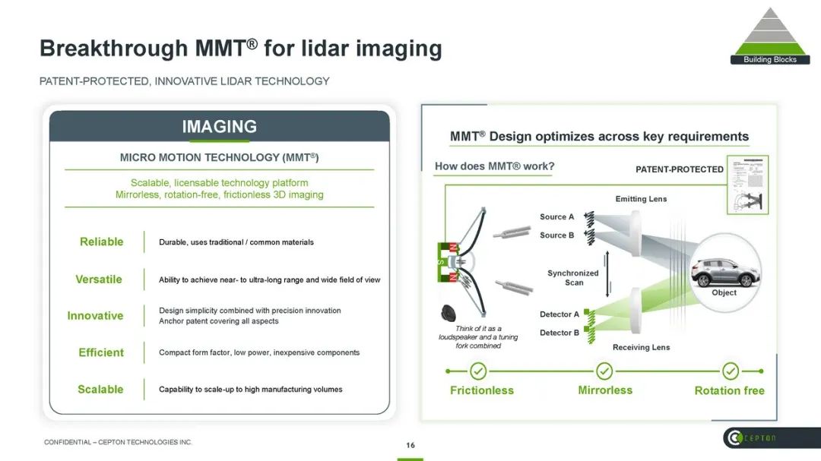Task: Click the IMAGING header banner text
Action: pos(219,127)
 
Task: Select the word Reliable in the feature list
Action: pos(101,242)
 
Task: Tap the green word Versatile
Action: pos(99,279)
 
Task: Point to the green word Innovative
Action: pos(95,315)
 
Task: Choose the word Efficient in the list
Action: pos(101,352)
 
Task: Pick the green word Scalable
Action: pos(100,389)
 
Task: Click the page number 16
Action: pos(410,446)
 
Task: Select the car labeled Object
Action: pos(723,271)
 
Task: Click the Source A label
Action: pos(557,216)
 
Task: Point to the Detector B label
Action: pos(559,333)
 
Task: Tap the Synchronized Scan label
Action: pos(573,278)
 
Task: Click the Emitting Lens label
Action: pos(641,199)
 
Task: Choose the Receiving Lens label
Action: pos(641,347)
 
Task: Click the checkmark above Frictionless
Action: pos(478,371)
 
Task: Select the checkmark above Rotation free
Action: pos(730,371)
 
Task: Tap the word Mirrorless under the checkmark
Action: pos(605,390)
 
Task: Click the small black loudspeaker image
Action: pos(449,313)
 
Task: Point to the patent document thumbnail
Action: pos(747,185)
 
